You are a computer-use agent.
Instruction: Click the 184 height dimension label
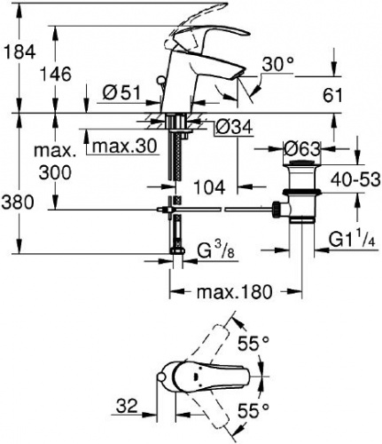19,52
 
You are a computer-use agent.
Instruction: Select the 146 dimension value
56,74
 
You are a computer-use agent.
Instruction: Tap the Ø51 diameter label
121,93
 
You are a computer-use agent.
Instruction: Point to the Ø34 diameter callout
234,127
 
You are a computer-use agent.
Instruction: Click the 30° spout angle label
278,65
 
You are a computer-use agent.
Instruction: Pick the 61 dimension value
332,96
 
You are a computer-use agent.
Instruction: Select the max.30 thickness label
124,147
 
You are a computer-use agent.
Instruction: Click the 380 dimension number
18,202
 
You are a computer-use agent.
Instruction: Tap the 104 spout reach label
209,187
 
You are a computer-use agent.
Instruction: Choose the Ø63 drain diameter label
301,149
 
